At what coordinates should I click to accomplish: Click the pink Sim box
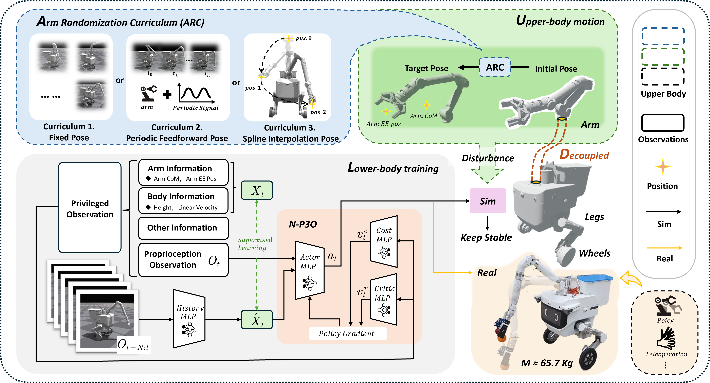tap(488, 201)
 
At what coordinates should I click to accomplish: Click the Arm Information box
tap(183, 172)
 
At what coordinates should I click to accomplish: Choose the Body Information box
tap(183, 201)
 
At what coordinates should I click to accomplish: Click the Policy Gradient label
tap(346, 333)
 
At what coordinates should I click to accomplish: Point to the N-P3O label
tap(303, 224)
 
